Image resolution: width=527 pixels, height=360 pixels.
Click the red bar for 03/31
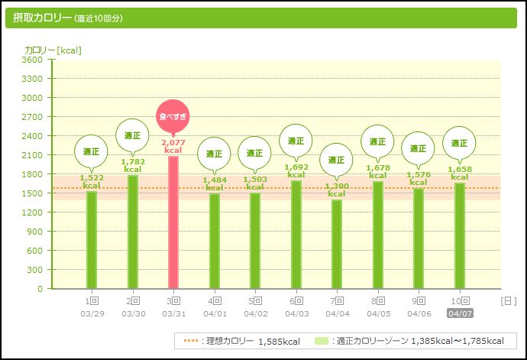click(173, 222)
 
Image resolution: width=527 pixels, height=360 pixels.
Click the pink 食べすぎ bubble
click(173, 116)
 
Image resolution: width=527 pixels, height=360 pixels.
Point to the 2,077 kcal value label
click(173, 146)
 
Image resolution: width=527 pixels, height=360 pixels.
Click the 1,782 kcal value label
click(132, 165)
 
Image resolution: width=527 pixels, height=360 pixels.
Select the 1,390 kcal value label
click(337, 190)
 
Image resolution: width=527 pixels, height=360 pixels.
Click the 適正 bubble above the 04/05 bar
click(377, 141)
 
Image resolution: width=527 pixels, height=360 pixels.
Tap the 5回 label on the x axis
click(255, 301)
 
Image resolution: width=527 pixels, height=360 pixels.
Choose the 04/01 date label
click(214, 313)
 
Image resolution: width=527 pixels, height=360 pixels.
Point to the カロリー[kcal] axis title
click(53, 50)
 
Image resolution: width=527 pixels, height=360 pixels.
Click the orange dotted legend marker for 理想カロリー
click(190, 341)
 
